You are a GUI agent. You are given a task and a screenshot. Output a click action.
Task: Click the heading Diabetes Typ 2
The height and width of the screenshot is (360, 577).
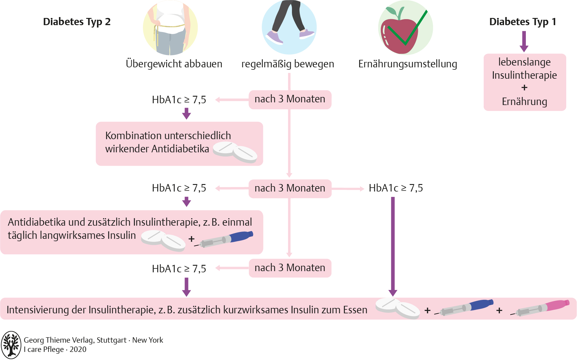pyautogui.click(x=77, y=22)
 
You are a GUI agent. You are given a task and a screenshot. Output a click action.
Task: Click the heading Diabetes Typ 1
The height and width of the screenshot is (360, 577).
pyautogui.click(x=523, y=22)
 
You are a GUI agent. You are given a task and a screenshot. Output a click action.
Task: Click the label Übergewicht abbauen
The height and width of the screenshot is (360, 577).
pyautogui.click(x=174, y=64)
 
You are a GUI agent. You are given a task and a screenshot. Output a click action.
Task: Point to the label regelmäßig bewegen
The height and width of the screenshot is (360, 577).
pyautogui.click(x=287, y=64)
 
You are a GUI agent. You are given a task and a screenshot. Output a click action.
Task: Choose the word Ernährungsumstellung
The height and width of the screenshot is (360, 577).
pyautogui.click(x=407, y=64)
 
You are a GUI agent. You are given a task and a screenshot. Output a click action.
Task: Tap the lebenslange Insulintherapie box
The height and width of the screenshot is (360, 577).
pyautogui.click(x=525, y=82)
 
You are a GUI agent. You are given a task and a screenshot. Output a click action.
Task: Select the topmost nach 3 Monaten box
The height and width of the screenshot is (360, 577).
pyautogui.click(x=290, y=99)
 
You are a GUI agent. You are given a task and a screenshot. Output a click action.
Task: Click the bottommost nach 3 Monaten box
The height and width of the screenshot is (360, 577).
pyautogui.click(x=290, y=268)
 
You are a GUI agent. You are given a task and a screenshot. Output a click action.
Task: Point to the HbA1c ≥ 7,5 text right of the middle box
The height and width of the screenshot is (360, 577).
pyautogui.click(x=396, y=188)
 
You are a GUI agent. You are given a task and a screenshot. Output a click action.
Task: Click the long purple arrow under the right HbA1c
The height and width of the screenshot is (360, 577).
pyautogui.click(x=393, y=245)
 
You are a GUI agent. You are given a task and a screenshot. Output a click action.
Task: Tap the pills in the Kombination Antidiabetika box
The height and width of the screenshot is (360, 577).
pyautogui.click(x=235, y=152)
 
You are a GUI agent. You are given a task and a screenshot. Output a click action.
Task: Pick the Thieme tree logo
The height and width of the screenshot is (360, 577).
pyautogui.click(x=11, y=345)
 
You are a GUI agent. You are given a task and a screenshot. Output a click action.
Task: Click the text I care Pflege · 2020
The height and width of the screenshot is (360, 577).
pyautogui.click(x=55, y=350)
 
